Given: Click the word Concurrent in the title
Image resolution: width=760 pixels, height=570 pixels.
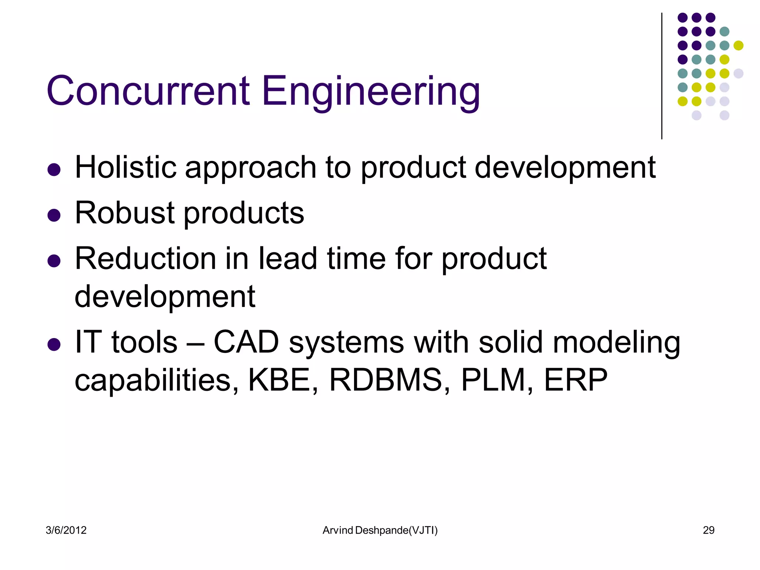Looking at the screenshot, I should [x=148, y=91].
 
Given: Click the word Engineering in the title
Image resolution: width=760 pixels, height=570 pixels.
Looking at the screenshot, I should [x=371, y=91].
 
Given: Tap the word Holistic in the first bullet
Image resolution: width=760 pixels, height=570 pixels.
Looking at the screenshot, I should [x=125, y=168].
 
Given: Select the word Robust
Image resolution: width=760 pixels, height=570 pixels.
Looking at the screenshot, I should [x=125, y=213].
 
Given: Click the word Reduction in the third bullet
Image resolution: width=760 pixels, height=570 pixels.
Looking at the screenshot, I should [x=145, y=259].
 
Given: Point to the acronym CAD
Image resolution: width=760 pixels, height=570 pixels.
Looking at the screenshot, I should [x=246, y=342].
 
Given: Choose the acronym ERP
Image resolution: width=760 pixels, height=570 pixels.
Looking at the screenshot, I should [x=576, y=380].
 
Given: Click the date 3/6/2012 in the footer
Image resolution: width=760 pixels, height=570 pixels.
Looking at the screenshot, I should [x=66, y=530].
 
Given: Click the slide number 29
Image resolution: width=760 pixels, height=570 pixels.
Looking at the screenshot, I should [x=708, y=530].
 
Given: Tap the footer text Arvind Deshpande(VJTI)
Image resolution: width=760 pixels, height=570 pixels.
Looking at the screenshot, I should [x=380, y=530].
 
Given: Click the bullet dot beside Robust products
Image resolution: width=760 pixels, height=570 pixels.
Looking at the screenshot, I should [x=54, y=215].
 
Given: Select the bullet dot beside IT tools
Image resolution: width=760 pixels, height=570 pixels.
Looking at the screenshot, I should [x=54, y=344].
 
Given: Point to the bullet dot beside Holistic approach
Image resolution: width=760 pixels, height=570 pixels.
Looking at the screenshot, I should [x=54, y=170].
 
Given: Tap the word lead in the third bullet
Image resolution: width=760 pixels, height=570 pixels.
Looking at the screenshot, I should [x=288, y=259].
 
